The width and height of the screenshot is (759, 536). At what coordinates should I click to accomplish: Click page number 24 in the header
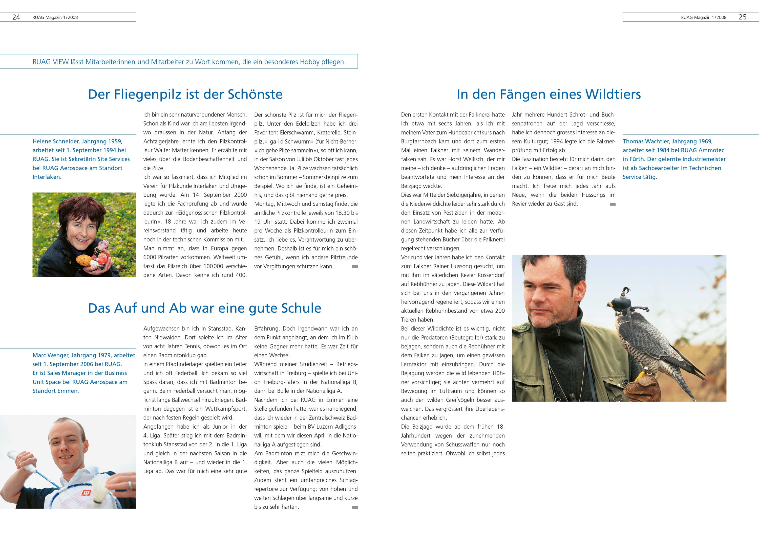(16, 17)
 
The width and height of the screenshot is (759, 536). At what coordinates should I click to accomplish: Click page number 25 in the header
(743, 17)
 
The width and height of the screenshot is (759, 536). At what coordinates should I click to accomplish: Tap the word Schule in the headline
(301, 308)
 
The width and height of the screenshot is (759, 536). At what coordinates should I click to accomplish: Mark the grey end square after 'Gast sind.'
(613, 204)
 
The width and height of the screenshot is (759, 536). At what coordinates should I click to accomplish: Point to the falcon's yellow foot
(641, 375)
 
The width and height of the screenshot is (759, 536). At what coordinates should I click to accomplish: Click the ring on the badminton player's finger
(130, 484)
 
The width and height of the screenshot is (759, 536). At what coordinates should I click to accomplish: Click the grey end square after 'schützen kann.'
(355, 267)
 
